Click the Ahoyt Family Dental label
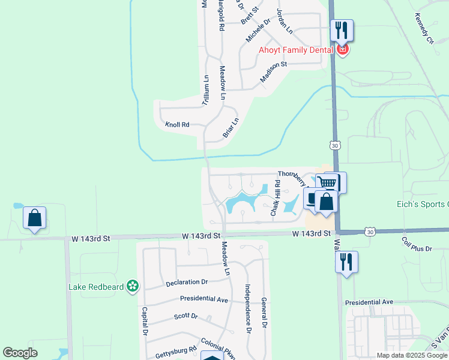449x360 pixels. [x=295, y=50]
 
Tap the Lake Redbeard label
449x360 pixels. [x=96, y=287]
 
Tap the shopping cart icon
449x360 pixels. [x=327, y=182]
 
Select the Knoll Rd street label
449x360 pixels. [x=177, y=125]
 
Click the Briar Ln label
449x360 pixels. [x=231, y=128]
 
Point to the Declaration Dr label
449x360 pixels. [x=187, y=281]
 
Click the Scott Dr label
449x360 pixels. [x=185, y=316]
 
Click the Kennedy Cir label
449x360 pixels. [x=423, y=31]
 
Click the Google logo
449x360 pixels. [x=20, y=353]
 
